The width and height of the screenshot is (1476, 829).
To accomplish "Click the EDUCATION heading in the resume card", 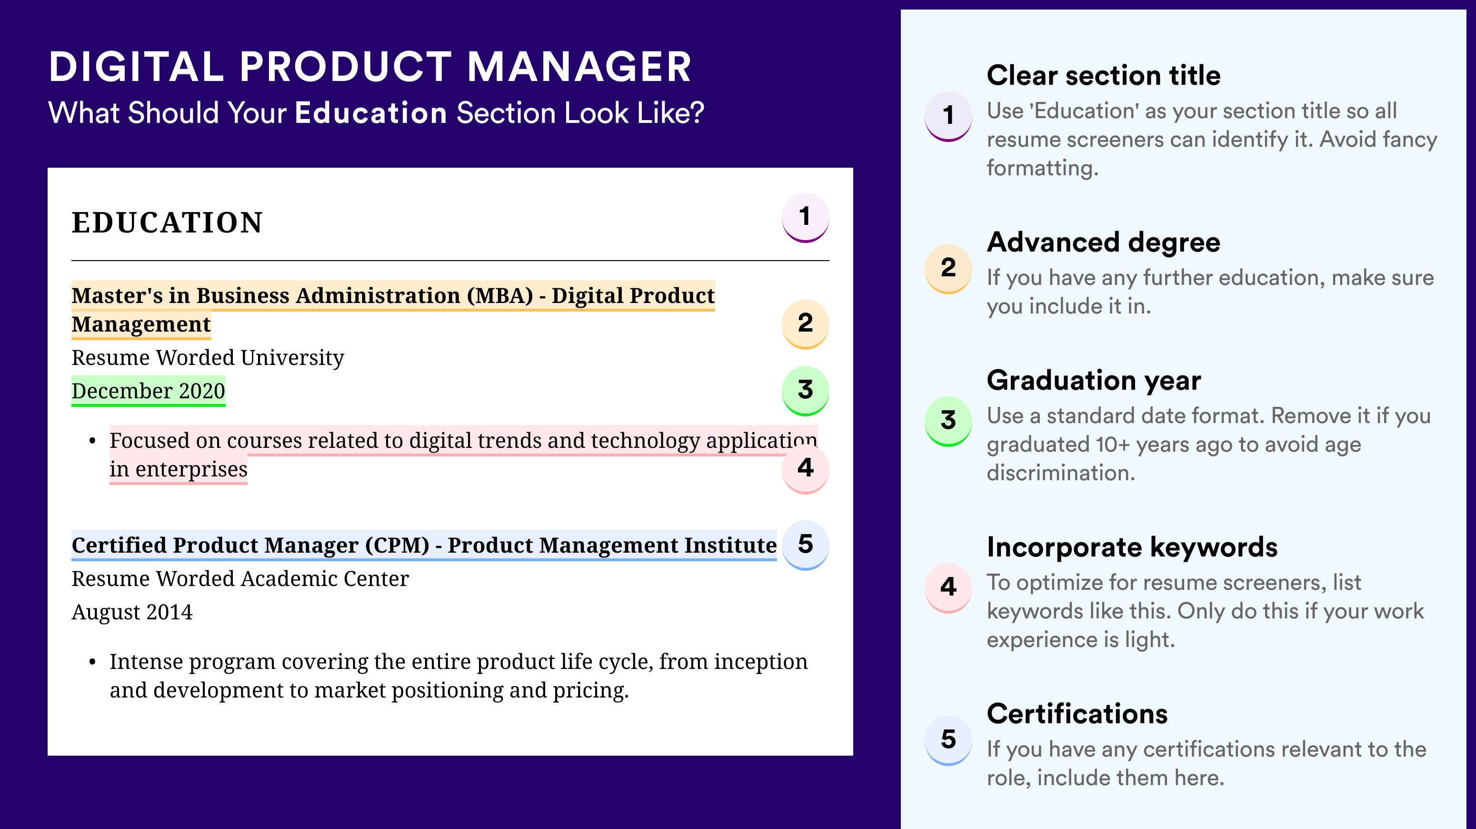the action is click(167, 222).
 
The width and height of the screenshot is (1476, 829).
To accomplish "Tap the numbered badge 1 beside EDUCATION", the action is click(805, 217).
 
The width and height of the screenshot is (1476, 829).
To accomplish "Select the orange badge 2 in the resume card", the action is click(805, 324).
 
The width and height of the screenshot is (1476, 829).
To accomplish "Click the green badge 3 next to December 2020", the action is click(805, 390).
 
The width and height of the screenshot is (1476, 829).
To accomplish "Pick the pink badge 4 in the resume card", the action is click(805, 468).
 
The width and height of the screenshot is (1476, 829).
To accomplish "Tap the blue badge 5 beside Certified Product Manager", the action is click(805, 545).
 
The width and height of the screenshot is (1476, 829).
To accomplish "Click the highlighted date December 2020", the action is click(149, 391).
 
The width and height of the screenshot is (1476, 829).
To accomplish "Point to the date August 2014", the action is click(132, 612).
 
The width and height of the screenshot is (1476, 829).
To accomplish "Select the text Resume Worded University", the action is click(208, 358).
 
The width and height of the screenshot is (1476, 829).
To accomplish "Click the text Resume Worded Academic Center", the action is click(240, 579).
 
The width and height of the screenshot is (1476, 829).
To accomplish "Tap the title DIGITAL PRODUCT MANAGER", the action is click(370, 67).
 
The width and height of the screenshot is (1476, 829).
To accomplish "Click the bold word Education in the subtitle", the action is click(371, 112).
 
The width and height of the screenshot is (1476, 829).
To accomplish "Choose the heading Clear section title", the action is click(1104, 75).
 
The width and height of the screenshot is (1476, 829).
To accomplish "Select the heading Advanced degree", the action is click(1104, 243).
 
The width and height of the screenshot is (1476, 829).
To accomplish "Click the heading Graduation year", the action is click(1094, 380).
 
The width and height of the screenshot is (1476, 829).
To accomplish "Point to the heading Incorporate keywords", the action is click(1132, 547).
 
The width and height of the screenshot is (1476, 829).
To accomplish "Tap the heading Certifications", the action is click(1077, 714).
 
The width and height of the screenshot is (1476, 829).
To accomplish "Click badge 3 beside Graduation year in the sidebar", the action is click(948, 421).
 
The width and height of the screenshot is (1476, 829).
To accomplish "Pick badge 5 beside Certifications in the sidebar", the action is click(948, 739).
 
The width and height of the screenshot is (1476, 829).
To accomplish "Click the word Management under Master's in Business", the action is click(141, 324).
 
